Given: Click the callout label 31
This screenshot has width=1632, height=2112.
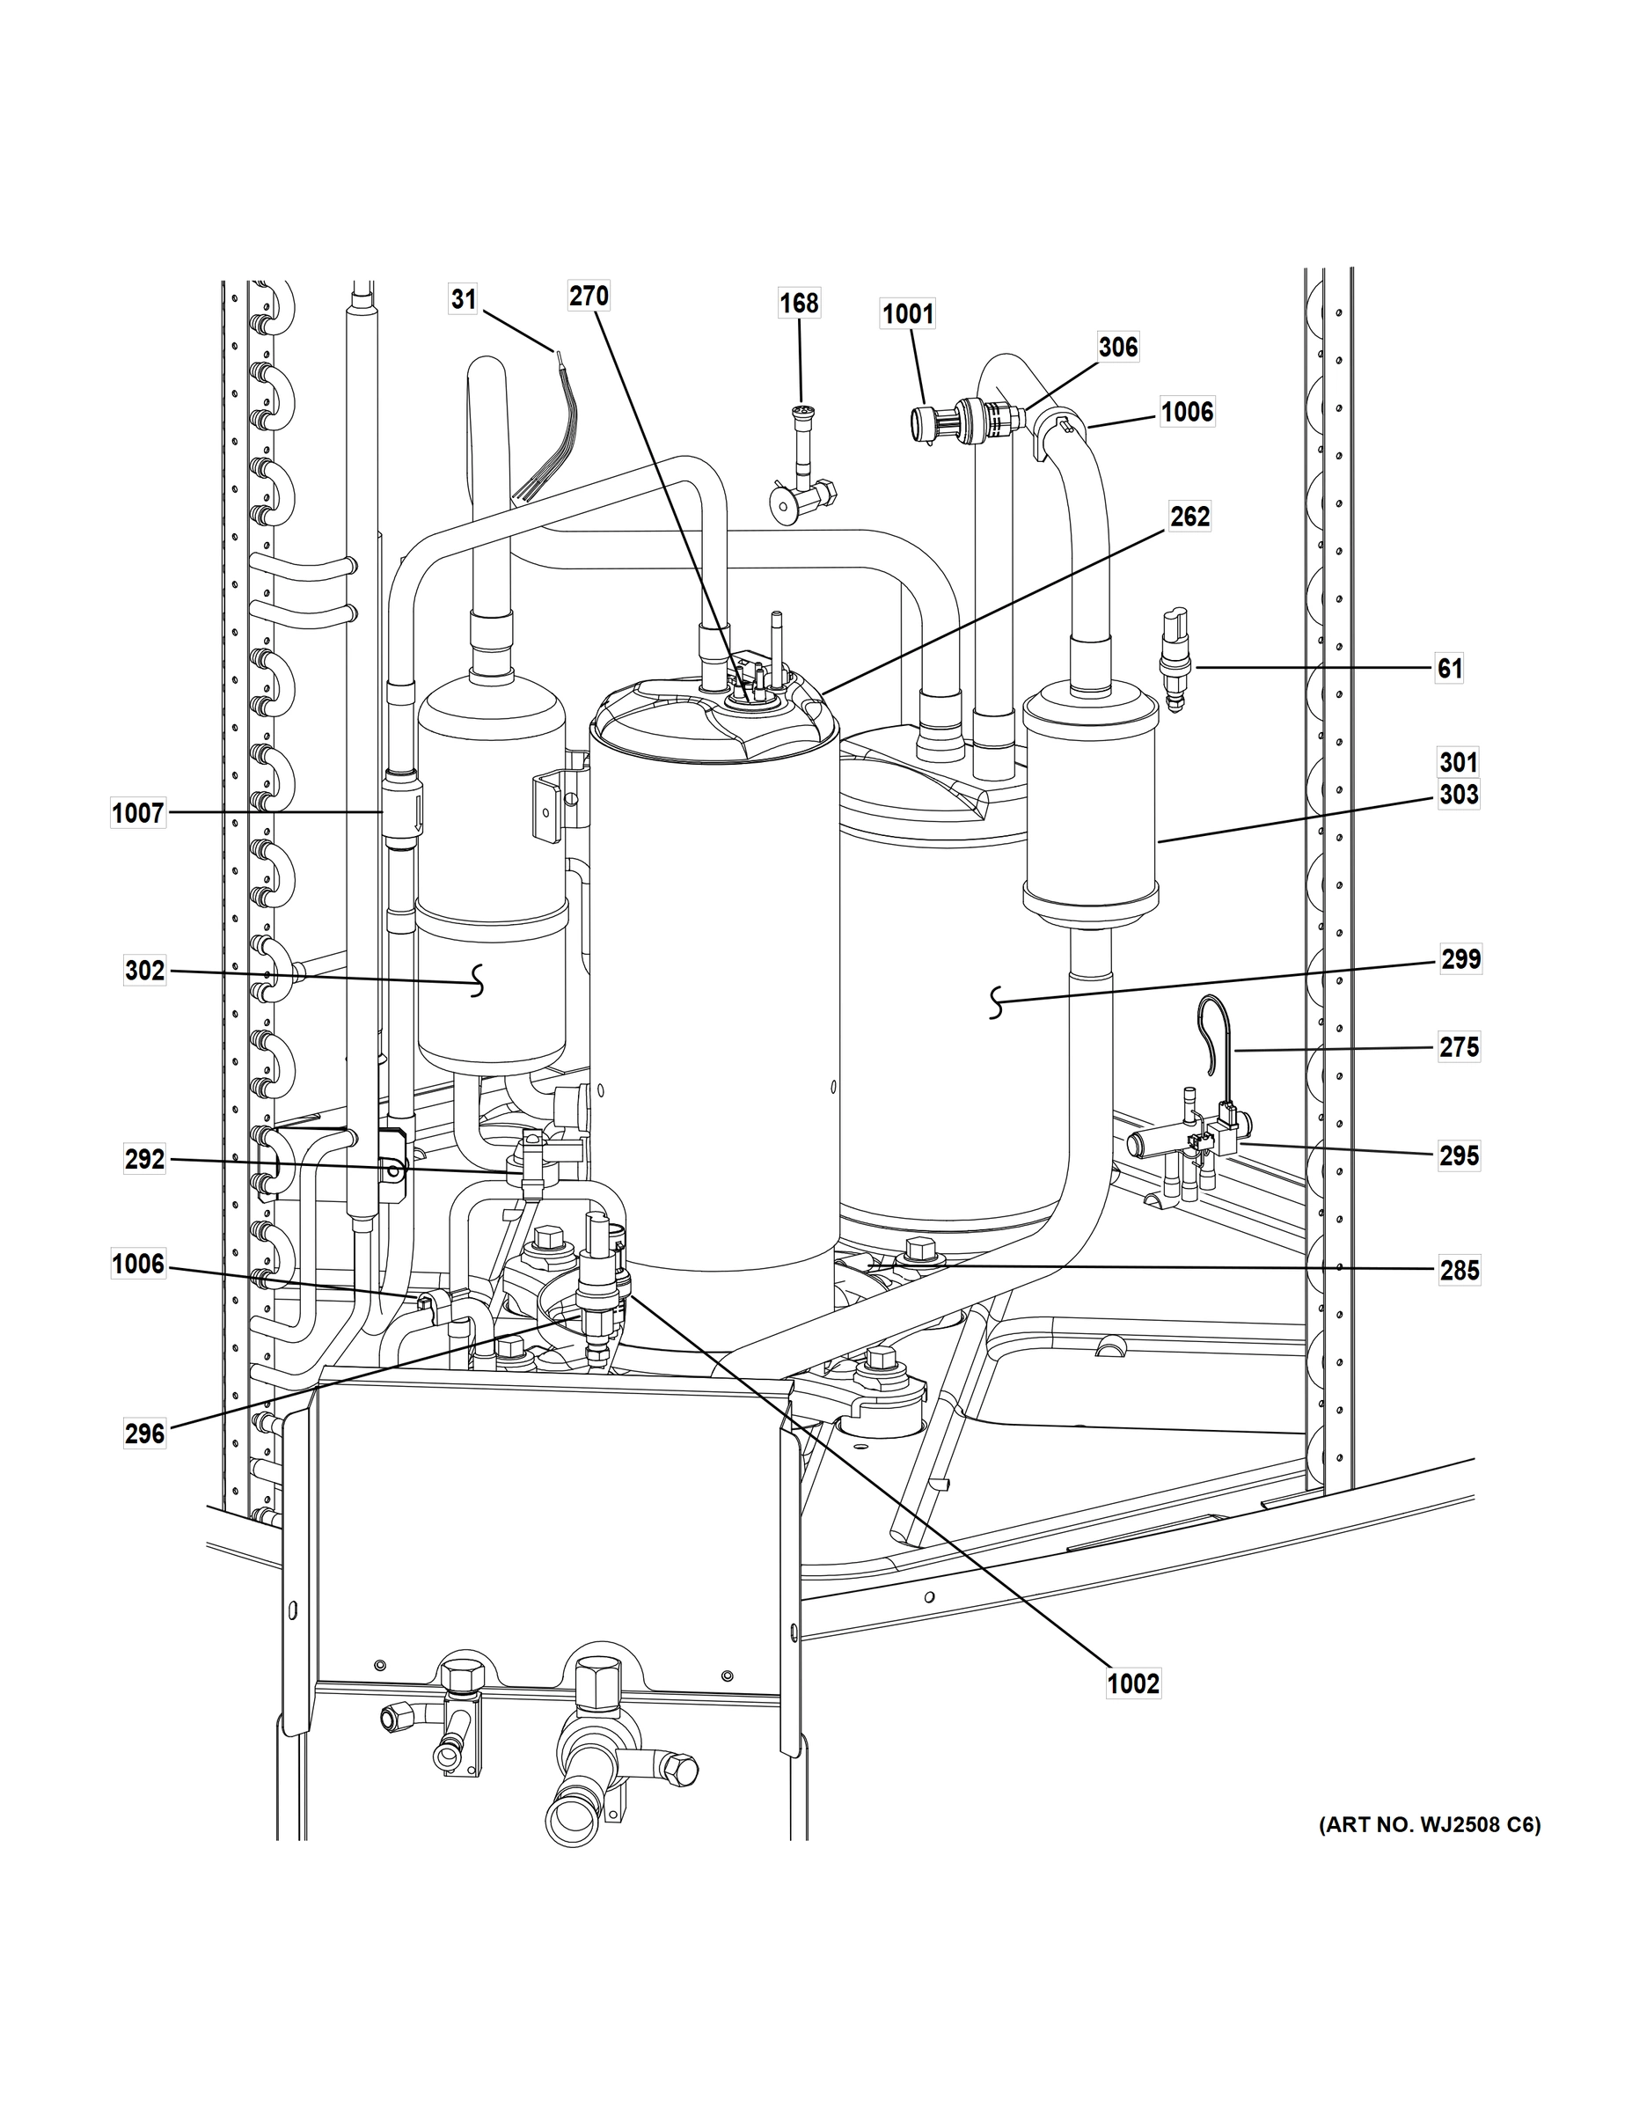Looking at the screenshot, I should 464,300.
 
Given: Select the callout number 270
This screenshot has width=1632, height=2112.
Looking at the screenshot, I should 588,296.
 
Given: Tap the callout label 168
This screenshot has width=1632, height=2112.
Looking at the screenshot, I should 800,304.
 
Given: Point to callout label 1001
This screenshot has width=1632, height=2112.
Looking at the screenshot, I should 908,314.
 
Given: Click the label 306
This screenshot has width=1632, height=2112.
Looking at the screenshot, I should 1118,348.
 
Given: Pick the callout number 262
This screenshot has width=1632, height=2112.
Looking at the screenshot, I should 1189,517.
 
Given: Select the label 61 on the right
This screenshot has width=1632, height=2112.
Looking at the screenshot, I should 1448,668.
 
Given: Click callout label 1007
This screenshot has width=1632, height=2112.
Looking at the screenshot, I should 138,813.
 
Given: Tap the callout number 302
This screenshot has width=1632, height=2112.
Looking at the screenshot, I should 145,970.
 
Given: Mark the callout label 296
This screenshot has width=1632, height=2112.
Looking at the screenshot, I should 145,1434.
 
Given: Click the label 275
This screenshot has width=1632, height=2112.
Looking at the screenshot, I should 1459,1047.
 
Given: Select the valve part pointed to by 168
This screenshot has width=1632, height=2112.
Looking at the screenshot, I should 801,464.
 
